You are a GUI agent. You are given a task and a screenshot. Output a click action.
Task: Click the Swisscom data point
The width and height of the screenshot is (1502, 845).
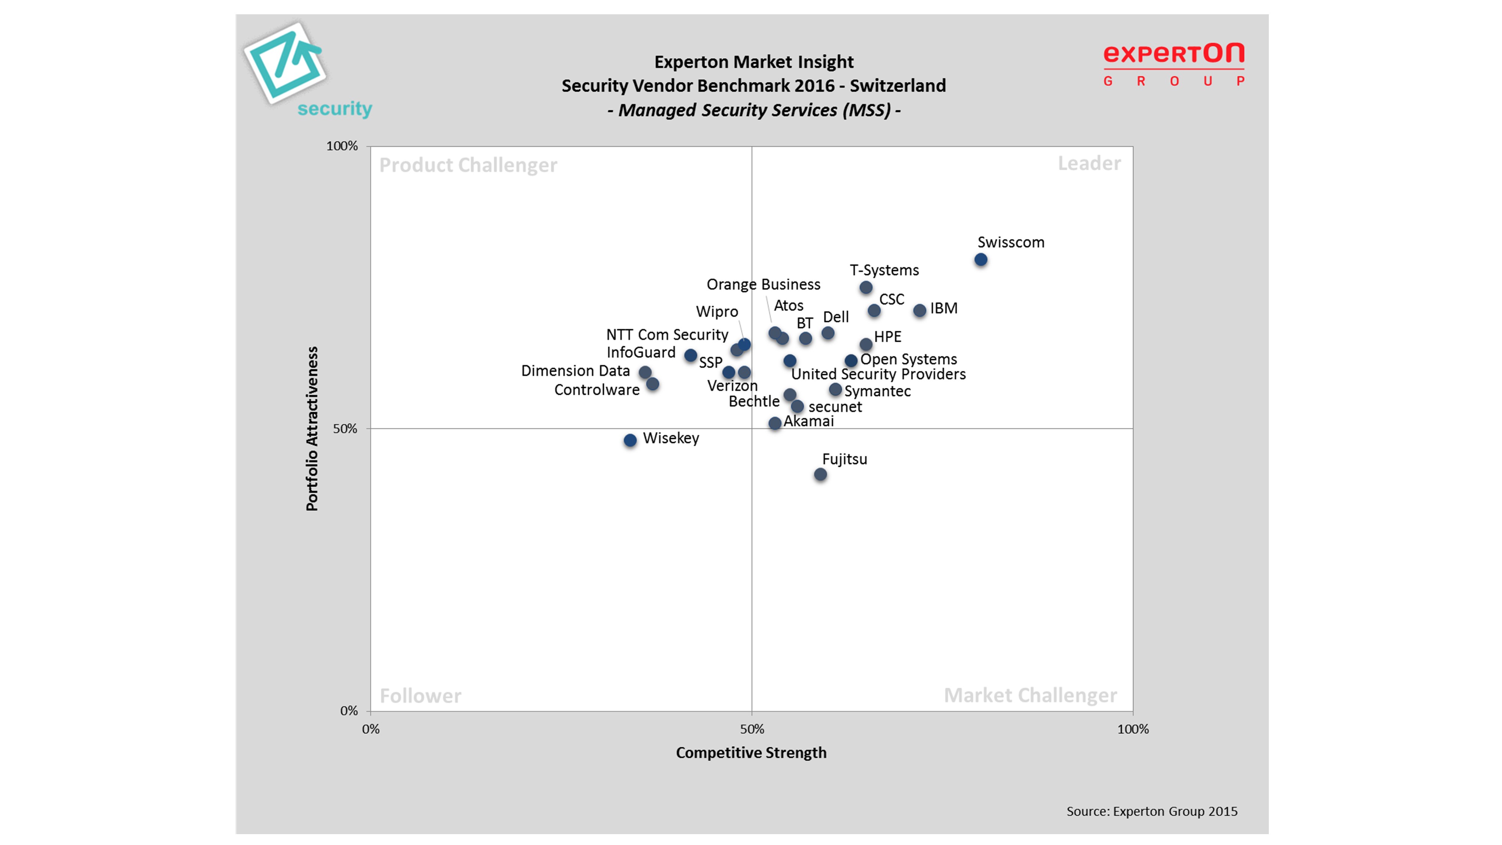coord(981,260)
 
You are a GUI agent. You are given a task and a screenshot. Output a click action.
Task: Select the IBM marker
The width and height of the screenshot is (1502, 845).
coord(920,310)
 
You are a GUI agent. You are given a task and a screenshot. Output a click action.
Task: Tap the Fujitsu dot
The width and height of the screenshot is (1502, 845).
coord(820,474)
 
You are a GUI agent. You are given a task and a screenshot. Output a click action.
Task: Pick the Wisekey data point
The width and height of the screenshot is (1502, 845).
coord(630,440)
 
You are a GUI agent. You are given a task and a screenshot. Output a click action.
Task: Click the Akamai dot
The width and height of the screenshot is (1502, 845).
coord(774,423)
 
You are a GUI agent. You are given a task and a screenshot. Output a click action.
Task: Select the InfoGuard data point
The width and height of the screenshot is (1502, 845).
coord(691,355)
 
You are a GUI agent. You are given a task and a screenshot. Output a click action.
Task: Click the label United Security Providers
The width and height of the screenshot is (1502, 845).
coord(878,374)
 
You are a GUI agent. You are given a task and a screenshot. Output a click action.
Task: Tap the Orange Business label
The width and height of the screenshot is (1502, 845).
coord(763,285)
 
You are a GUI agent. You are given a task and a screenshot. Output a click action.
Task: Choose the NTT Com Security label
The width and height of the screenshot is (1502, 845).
coord(667,335)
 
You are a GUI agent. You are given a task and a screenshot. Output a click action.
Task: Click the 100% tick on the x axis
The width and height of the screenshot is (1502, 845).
coord(1133,729)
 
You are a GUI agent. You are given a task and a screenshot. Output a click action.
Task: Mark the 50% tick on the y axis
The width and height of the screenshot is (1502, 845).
coord(345,429)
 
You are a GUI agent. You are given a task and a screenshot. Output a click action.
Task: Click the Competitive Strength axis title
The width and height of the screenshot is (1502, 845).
coord(751,753)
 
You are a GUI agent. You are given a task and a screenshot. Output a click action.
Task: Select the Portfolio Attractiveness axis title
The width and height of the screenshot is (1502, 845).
coord(312,429)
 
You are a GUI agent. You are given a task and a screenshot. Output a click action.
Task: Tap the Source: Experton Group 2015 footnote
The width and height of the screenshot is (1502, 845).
coord(1152,811)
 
